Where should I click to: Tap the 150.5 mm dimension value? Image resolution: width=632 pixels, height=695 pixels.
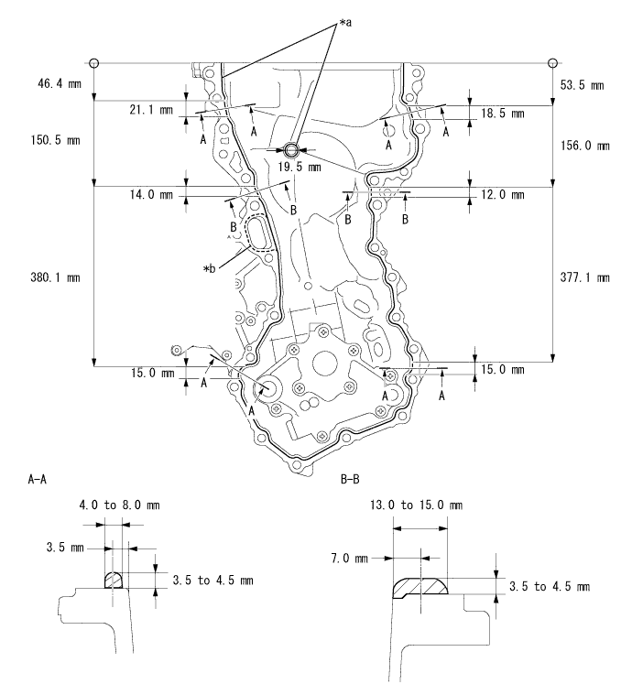click(x=48, y=141)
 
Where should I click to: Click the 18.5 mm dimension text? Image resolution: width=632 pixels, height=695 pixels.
click(x=502, y=113)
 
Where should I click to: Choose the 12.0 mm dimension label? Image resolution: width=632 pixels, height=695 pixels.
click(x=502, y=195)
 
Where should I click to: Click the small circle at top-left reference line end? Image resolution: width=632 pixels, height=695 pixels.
click(x=93, y=62)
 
